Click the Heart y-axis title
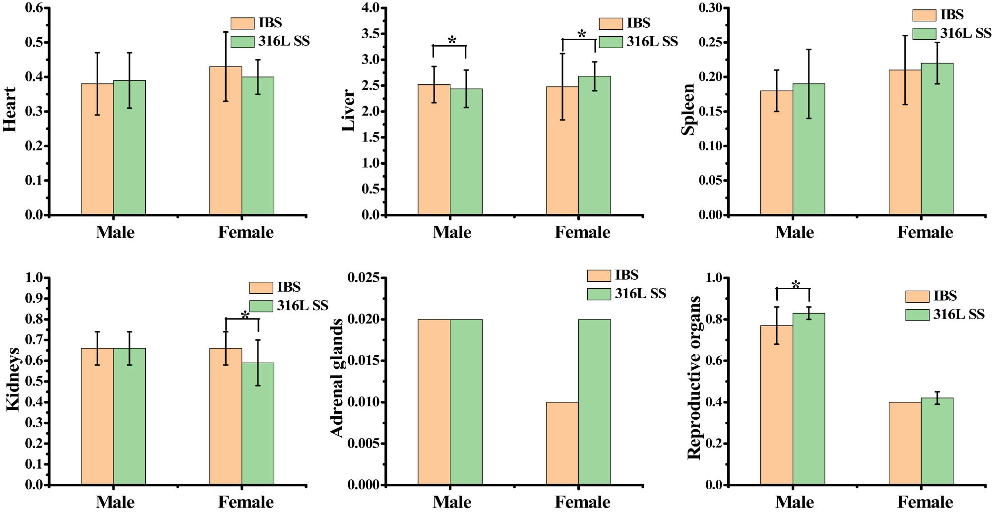coord(10,110)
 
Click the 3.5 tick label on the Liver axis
coord(371,34)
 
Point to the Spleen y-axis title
coord(688,110)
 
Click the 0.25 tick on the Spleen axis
coord(710,43)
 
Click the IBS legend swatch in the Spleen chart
coord(924,15)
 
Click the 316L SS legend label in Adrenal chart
coord(640,294)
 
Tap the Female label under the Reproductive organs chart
coord(925,502)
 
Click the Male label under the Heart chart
coord(115,232)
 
